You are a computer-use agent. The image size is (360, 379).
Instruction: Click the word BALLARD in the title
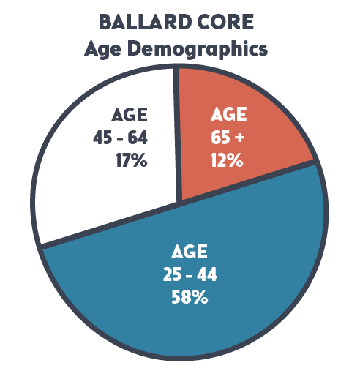tap(146, 22)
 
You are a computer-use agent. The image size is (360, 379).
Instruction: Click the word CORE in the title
tap(225, 22)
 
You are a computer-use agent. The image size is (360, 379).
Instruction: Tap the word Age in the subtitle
tap(102, 49)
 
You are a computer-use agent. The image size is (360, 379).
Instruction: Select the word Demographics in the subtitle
tap(198, 49)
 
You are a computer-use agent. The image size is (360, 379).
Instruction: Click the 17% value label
tap(132, 160)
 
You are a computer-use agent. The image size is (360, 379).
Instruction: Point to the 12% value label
tap(227, 160)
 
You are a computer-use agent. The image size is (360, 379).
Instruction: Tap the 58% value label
tap(190, 297)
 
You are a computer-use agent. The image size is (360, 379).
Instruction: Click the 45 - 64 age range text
tap(120, 138)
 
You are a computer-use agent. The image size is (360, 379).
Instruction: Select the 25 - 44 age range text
tap(190, 274)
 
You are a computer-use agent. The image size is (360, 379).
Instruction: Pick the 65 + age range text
tap(228, 137)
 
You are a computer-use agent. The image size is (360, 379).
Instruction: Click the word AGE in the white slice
tap(130, 115)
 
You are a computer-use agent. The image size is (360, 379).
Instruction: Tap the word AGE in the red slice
tap(229, 114)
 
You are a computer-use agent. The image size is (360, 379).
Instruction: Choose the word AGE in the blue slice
tap(190, 252)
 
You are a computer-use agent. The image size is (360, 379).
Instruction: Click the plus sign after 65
tap(239, 138)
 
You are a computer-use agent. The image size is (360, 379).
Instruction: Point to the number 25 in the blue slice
tap(173, 274)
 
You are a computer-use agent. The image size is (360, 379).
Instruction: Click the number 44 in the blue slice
tap(207, 274)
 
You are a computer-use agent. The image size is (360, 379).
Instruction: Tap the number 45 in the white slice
tap(102, 138)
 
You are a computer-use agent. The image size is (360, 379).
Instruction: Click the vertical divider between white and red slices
tap(177, 134)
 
